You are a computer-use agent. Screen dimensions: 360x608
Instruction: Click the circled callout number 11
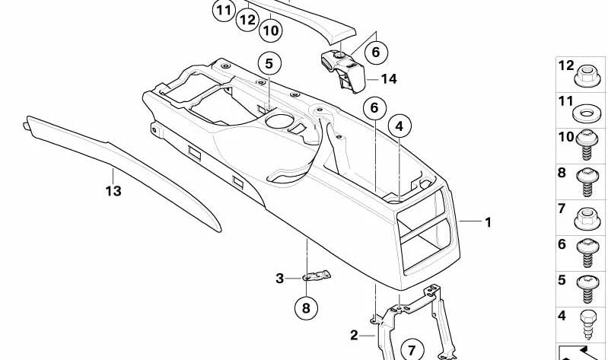(x=223, y=11)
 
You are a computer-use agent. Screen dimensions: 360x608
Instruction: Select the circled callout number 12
(x=246, y=20)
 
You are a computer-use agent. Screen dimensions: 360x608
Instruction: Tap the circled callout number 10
(x=270, y=30)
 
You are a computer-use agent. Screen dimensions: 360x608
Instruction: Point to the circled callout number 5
(x=269, y=63)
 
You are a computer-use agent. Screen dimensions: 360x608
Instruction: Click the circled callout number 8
(x=306, y=308)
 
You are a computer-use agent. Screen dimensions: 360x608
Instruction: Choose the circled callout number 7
(x=412, y=350)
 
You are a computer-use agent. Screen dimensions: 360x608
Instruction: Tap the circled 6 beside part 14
(x=375, y=53)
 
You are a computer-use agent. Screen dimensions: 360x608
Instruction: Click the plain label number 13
(x=113, y=191)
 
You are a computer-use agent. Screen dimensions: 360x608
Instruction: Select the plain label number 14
(x=389, y=78)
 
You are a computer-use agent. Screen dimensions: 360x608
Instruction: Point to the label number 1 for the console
(x=489, y=222)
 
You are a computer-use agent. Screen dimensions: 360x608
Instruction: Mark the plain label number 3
(x=279, y=279)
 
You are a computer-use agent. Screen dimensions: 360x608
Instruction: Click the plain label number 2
(x=354, y=335)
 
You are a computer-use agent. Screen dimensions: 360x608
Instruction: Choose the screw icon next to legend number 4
(x=587, y=322)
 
